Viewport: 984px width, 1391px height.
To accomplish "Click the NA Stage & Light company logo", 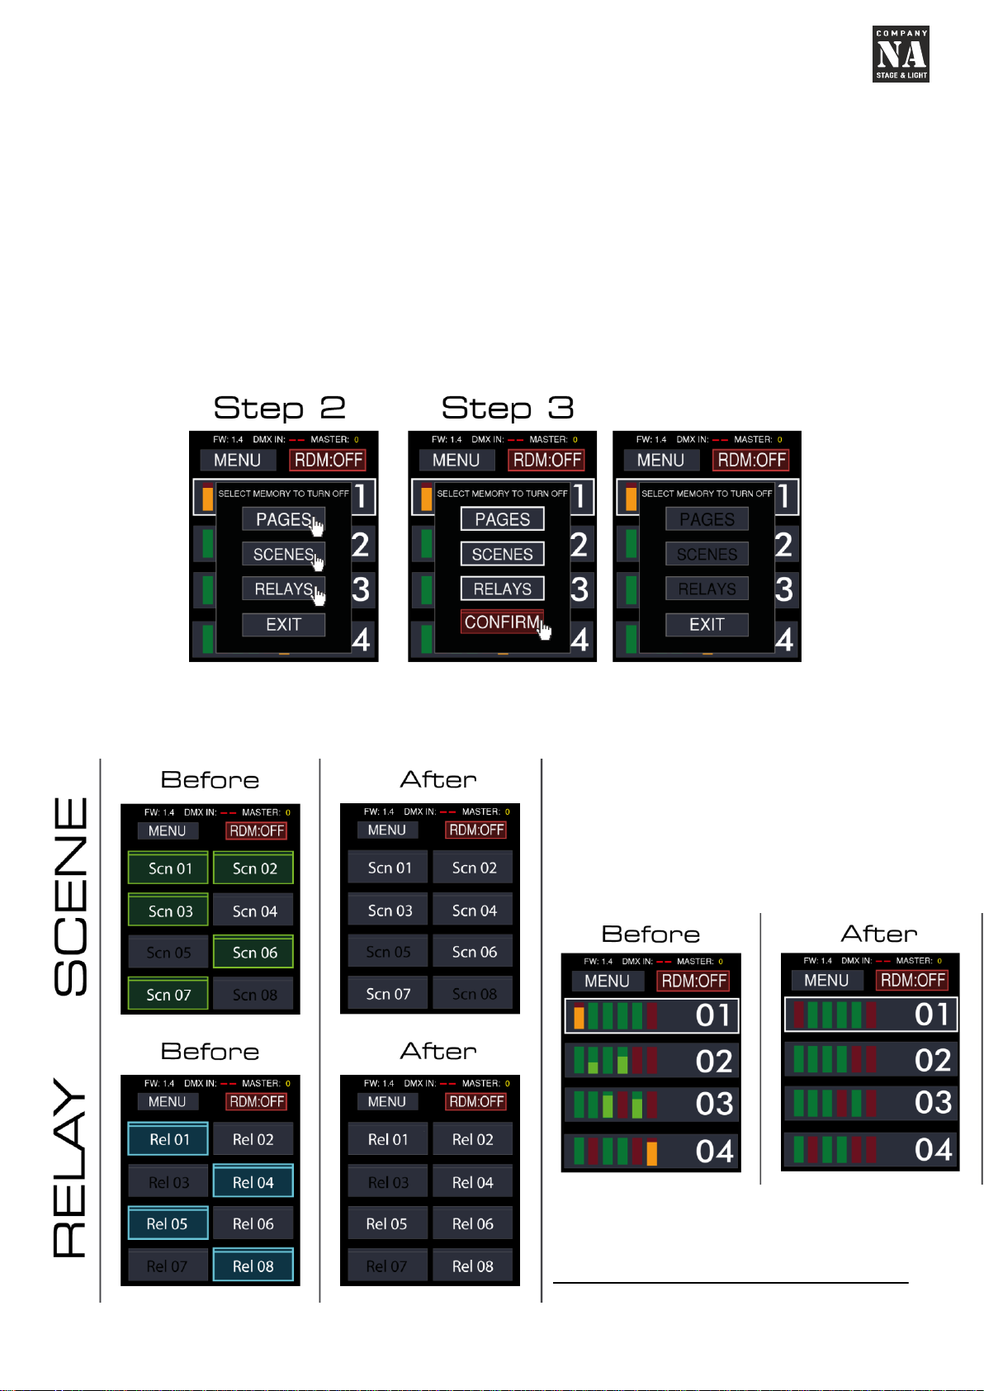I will [x=901, y=54].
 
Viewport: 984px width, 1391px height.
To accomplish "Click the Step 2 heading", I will [x=279, y=408].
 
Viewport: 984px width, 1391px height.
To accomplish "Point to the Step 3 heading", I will [x=507, y=408].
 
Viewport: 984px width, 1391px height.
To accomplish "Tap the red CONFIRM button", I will [x=501, y=622].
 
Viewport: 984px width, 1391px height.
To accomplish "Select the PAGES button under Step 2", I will [x=283, y=519].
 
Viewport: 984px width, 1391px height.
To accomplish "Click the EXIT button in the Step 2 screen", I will [x=283, y=625].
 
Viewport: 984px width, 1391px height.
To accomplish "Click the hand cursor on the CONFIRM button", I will [x=544, y=632].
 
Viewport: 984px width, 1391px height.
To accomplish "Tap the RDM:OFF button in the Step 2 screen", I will [x=328, y=461].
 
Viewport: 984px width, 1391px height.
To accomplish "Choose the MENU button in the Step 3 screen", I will [x=456, y=461].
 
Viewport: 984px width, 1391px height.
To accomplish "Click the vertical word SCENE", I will [x=71, y=896].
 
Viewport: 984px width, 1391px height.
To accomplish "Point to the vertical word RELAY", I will [x=71, y=1168].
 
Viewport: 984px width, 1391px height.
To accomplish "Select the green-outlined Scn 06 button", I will [x=254, y=953].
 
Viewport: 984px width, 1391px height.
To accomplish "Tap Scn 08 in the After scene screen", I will [x=474, y=995].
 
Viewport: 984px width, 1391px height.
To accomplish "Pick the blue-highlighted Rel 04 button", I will [x=253, y=1182].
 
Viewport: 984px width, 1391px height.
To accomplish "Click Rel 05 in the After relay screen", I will [x=386, y=1223].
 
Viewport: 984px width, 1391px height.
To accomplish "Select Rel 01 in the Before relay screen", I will [x=169, y=1139].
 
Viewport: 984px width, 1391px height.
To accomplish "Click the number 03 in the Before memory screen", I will [x=714, y=1104].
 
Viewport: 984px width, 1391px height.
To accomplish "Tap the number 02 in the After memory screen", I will [x=933, y=1060].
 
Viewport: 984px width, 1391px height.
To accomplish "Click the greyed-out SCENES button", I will [x=707, y=555].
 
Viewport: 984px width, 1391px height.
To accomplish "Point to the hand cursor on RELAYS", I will [x=319, y=594].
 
